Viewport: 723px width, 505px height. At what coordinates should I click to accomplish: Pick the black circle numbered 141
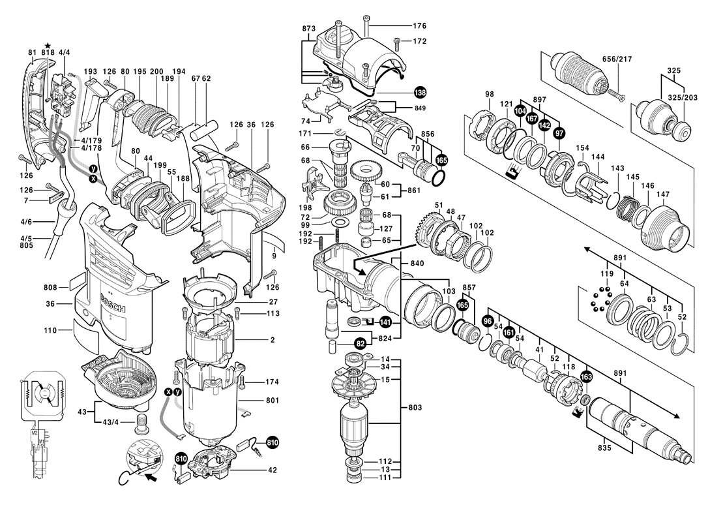pyautogui.click(x=385, y=322)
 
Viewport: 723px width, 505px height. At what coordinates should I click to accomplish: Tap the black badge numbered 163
pyautogui.click(x=586, y=378)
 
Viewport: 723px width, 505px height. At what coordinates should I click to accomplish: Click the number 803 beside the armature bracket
pyautogui.click(x=415, y=407)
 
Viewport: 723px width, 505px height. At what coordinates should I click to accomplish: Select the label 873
pyautogui.click(x=309, y=29)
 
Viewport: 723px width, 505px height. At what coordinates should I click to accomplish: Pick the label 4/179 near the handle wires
pyautogui.click(x=91, y=140)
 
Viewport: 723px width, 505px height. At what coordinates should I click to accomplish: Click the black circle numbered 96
pyautogui.click(x=487, y=320)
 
